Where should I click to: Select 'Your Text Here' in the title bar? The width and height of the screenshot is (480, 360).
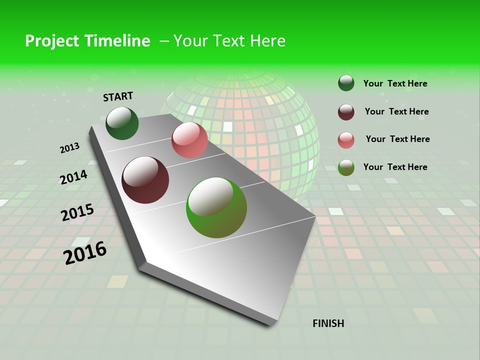[229, 41]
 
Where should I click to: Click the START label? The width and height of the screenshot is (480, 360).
[118, 96]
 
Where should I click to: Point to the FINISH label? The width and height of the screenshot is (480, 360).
[328, 323]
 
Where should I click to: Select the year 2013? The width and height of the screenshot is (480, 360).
[69, 148]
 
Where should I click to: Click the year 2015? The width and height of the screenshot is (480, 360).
[77, 212]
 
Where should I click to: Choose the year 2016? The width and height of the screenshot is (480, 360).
[84, 253]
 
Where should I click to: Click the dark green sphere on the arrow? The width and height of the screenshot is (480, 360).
[122, 123]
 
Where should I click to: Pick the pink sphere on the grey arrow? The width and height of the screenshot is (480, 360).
[189, 140]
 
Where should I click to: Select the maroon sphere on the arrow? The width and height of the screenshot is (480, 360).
[145, 180]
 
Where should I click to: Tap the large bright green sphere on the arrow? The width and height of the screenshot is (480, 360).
[216, 207]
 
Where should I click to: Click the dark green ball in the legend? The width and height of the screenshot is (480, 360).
[346, 83]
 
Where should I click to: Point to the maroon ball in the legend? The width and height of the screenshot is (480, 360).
[346, 112]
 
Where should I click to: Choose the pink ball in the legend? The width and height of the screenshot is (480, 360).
[346, 140]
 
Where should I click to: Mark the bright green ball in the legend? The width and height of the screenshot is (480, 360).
[346, 167]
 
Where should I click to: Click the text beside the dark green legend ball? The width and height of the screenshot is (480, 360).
[395, 83]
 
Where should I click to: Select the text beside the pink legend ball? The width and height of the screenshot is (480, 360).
[397, 139]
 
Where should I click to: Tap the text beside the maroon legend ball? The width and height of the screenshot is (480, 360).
[396, 111]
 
